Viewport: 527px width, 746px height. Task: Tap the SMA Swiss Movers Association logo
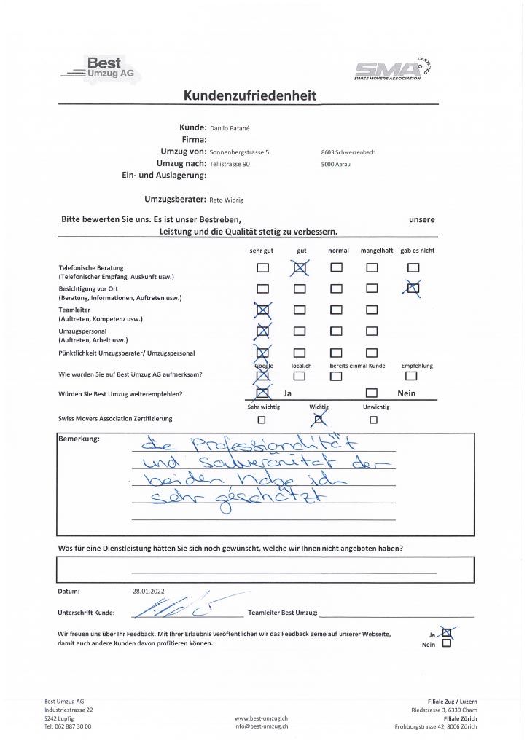[397, 70]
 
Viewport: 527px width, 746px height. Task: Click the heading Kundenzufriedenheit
[250, 95]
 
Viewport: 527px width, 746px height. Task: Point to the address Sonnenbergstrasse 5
[239, 152]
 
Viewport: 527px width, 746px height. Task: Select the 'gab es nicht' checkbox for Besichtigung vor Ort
[413, 288]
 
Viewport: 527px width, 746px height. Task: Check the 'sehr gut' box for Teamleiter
[262, 311]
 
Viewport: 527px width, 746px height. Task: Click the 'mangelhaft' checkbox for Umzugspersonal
[372, 332]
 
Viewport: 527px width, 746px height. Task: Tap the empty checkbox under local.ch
[300, 376]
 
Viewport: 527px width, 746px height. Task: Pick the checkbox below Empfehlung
[412, 376]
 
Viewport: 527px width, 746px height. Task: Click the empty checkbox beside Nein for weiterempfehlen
[370, 394]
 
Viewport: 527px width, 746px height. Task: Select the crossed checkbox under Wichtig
[318, 419]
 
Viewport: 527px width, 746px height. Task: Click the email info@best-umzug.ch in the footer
[262, 726]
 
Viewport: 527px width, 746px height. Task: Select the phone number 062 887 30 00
[72, 726]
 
